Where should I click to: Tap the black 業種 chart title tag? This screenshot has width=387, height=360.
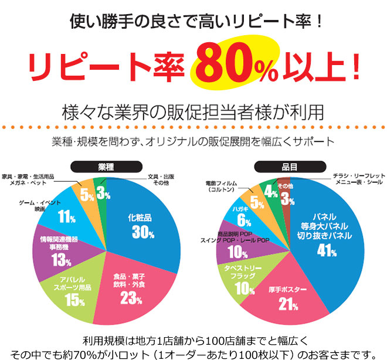(x=105, y=166)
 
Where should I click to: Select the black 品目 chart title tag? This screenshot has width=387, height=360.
(x=284, y=166)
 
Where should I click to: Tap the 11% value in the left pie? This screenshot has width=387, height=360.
(x=66, y=215)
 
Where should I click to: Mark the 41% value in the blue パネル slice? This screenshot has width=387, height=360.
(x=325, y=250)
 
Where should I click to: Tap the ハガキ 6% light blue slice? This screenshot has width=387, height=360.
(x=243, y=215)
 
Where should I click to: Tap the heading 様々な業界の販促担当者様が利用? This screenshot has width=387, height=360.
(x=193, y=111)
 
